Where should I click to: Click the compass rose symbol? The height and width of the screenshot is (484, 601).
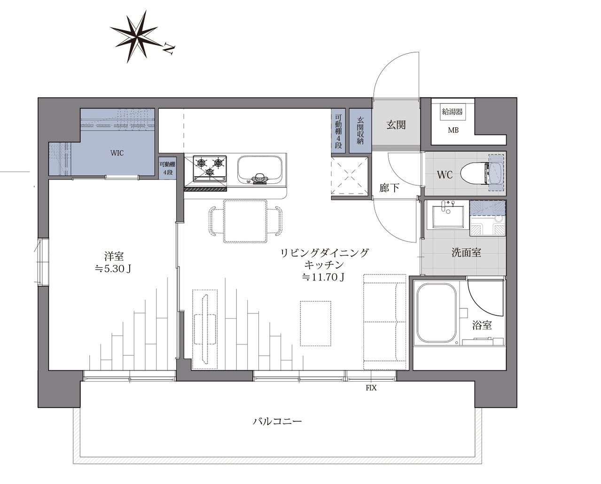point(134,36)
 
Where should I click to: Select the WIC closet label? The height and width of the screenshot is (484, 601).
point(117,153)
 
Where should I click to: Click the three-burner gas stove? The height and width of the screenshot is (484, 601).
point(210,168)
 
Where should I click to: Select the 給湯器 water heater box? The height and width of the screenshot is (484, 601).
point(453,112)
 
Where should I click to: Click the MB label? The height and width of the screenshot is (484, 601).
point(453,130)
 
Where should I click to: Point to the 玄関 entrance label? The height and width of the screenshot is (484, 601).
point(396,125)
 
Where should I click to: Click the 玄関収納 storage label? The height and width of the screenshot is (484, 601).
point(360,131)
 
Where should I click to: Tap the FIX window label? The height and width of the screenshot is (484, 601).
point(371,388)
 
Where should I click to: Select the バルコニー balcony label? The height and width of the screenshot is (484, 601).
point(277,421)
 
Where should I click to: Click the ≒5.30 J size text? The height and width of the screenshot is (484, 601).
point(113,269)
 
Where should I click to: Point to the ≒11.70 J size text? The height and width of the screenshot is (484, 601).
point(323,277)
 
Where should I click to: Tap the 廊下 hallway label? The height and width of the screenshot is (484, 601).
point(389,188)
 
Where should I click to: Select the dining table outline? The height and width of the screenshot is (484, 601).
point(245,221)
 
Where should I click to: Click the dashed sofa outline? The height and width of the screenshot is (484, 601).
point(385,322)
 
